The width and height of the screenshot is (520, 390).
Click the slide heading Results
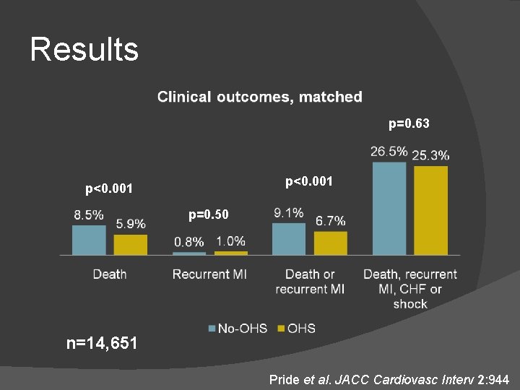pos(84,50)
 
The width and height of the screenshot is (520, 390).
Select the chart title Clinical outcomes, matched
pos(260,97)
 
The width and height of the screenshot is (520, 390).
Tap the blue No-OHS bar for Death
pos(88,240)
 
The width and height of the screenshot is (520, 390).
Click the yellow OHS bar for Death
pos(130,244)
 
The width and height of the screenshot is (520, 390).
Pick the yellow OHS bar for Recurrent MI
pos(230,253)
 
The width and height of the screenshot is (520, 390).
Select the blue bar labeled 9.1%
pos(288,238)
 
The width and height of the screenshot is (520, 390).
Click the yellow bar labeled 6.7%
pos(330,243)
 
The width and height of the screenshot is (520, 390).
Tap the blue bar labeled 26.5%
pos(389,208)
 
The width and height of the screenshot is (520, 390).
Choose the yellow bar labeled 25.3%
pos(430,210)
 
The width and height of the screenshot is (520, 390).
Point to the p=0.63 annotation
pos(409,124)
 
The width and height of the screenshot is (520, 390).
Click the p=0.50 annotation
pos(208,214)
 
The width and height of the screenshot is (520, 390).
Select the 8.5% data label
pos(88,215)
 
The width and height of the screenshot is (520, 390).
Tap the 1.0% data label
pos(230,241)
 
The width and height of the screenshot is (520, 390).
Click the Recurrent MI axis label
pos(209,274)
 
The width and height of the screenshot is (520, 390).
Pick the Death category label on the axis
pos(110,274)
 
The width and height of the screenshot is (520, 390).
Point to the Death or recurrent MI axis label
pos(310,282)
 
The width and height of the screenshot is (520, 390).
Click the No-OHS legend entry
pos(238,329)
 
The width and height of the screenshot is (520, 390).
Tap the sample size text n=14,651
pos(101,343)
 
